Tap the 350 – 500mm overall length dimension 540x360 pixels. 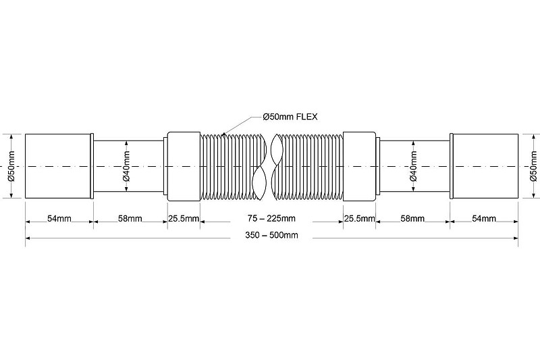pyautogui.click(x=270, y=235)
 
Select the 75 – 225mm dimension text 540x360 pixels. pyautogui.click(x=270, y=218)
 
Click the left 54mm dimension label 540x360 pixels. pyautogui.click(x=59, y=218)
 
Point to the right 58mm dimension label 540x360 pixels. pyautogui.click(x=412, y=218)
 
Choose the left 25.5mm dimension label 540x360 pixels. pyautogui.click(x=183, y=218)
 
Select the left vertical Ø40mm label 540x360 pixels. pyautogui.click(x=127, y=166)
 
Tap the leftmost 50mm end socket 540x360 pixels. pyautogui.click(x=59, y=166)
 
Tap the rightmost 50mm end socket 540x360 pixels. pyautogui.click(x=484, y=166)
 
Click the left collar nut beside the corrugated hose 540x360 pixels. pyautogui.click(x=183, y=166)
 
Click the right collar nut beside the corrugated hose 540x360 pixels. pyautogui.click(x=359, y=166)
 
